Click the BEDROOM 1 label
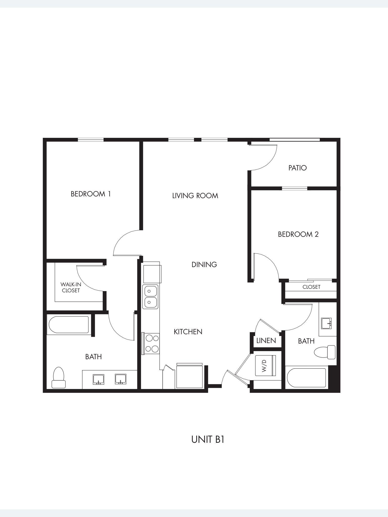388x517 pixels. [x=91, y=194]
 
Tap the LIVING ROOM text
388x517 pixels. [x=195, y=196]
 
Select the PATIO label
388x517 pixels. [x=297, y=168]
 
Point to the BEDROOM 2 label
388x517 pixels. [x=298, y=234]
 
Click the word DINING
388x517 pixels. [x=204, y=265]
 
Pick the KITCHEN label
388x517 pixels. [x=188, y=332]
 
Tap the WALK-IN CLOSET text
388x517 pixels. [x=71, y=288]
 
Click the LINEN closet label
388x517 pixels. [x=266, y=341]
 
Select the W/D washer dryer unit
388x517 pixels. [x=265, y=366]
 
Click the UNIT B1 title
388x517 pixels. [x=208, y=440]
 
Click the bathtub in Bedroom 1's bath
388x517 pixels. [x=69, y=325]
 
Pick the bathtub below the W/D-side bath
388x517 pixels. [x=306, y=378]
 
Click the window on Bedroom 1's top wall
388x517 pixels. [x=91, y=140]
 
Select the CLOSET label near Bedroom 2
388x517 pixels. [x=311, y=287]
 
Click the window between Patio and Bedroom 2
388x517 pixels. [x=295, y=188]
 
